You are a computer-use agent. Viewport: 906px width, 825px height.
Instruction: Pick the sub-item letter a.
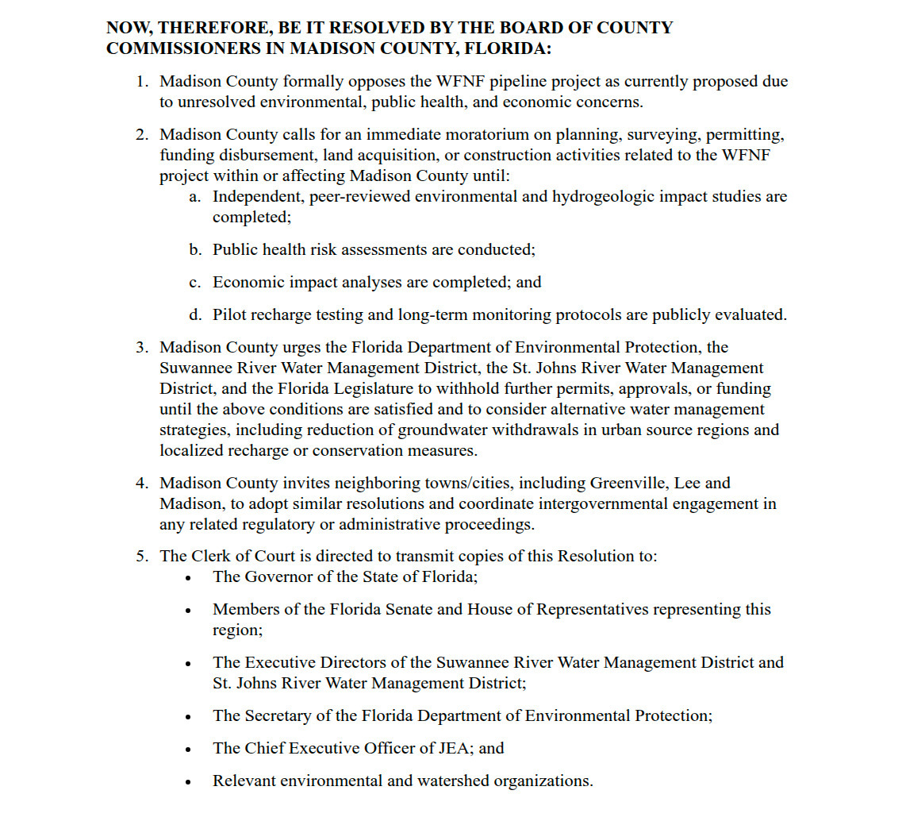pyautogui.click(x=194, y=197)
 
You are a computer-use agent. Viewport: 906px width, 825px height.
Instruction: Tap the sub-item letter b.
pyautogui.click(x=194, y=250)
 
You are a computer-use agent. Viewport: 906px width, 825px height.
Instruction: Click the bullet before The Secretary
pyautogui.click(x=188, y=717)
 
